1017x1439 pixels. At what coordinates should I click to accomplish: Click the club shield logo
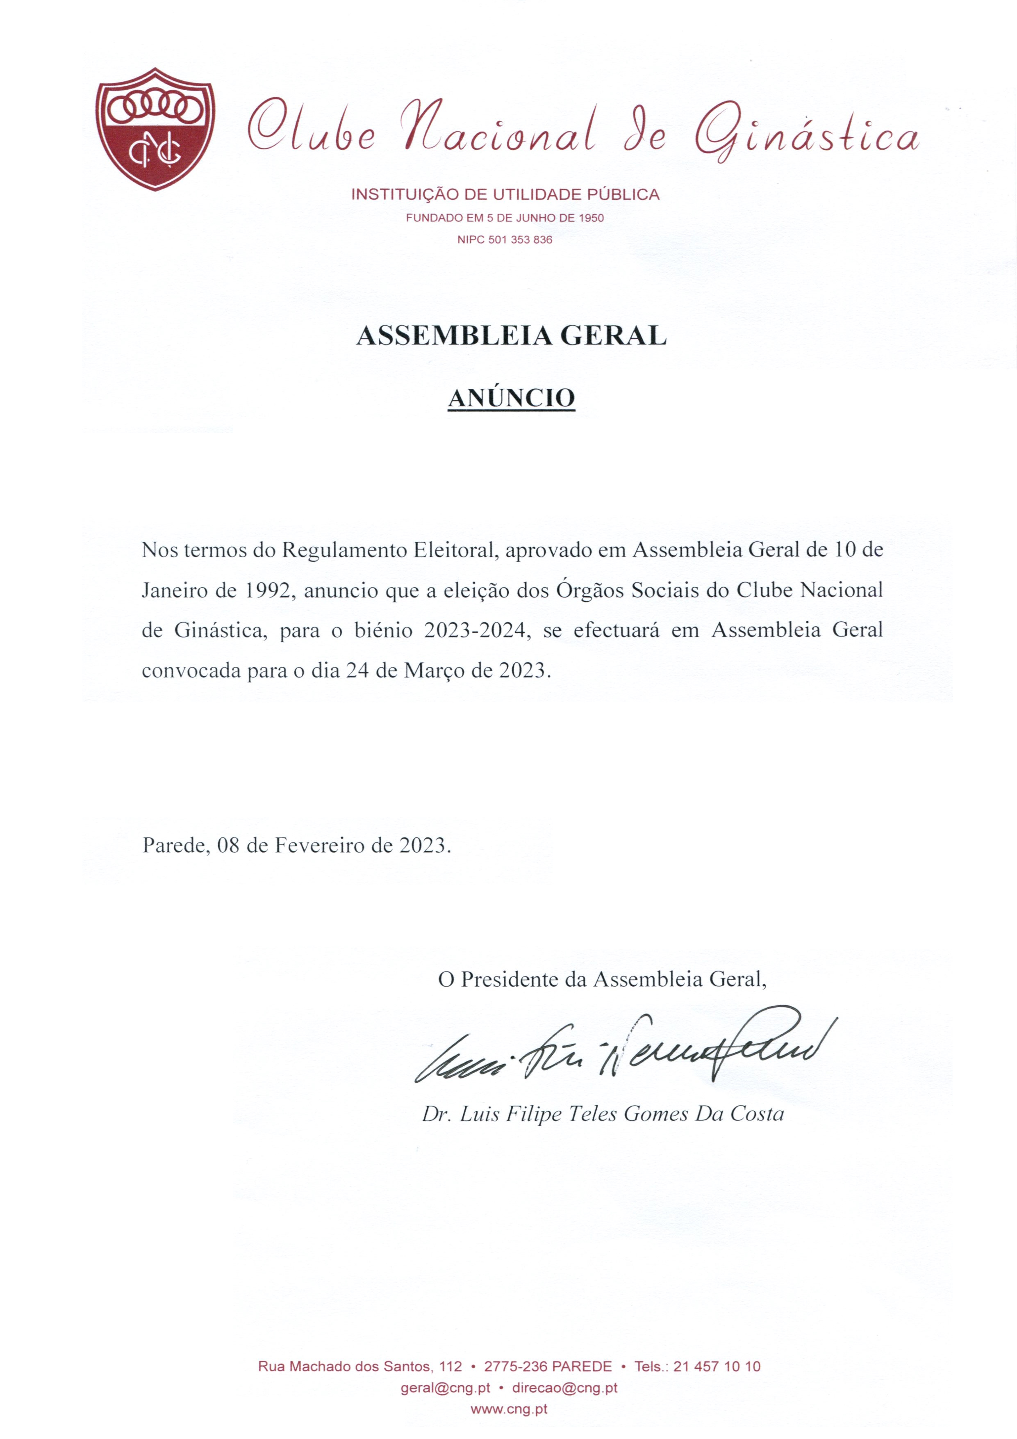[155, 128]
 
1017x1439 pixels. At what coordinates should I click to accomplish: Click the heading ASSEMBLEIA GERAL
[511, 336]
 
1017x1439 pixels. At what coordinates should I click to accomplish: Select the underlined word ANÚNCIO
[511, 397]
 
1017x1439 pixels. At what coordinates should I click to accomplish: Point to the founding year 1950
[591, 218]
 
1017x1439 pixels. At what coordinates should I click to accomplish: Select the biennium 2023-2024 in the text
[474, 630]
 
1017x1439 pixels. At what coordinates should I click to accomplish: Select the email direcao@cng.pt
[564, 1388]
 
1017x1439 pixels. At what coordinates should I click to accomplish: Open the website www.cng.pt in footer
[509, 1409]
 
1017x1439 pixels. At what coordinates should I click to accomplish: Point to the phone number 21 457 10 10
[717, 1366]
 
